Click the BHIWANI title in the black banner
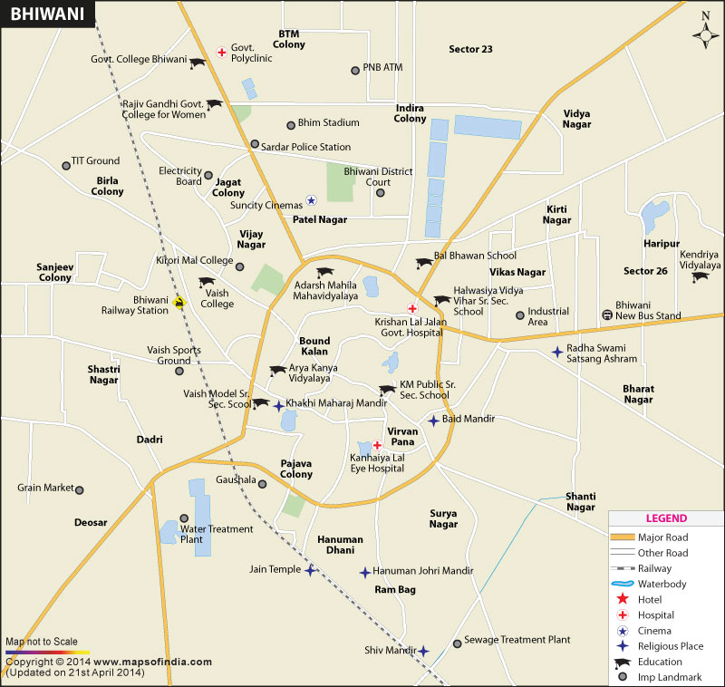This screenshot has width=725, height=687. pyautogui.click(x=37, y=15)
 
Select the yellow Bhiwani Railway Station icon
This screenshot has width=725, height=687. pyautogui.click(x=179, y=303)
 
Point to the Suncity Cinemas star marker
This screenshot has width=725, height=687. pyautogui.click(x=311, y=201)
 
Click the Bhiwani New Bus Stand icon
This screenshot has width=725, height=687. pyautogui.click(x=606, y=314)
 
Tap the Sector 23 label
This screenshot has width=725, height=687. pyautogui.click(x=470, y=49)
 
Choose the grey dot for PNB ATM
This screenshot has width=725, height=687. pyautogui.click(x=355, y=70)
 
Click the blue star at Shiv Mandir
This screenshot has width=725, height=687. pyautogui.click(x=423, y=651)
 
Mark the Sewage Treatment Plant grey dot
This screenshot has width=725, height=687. pyautogui.click(x=457, y=641)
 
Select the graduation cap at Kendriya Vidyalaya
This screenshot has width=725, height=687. pyautogui.click(x=700, y=277)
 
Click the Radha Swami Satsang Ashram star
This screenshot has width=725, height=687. pyautogui.click(x=556, y=352)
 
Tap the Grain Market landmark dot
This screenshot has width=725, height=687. pyautogui.click(x=80, y=489)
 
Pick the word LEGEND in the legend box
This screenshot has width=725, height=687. pyautogui.click(x=666, y=519)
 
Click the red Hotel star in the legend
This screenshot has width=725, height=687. pyautogui.click(x=622, y=599)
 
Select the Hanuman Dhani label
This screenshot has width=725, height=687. pyautogui.click(x=340, y=545)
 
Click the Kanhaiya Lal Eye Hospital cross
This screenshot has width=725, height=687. pyautogui.click(x=376, y=445)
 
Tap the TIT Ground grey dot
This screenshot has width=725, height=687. pyautogui.click(x=65, y=165)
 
